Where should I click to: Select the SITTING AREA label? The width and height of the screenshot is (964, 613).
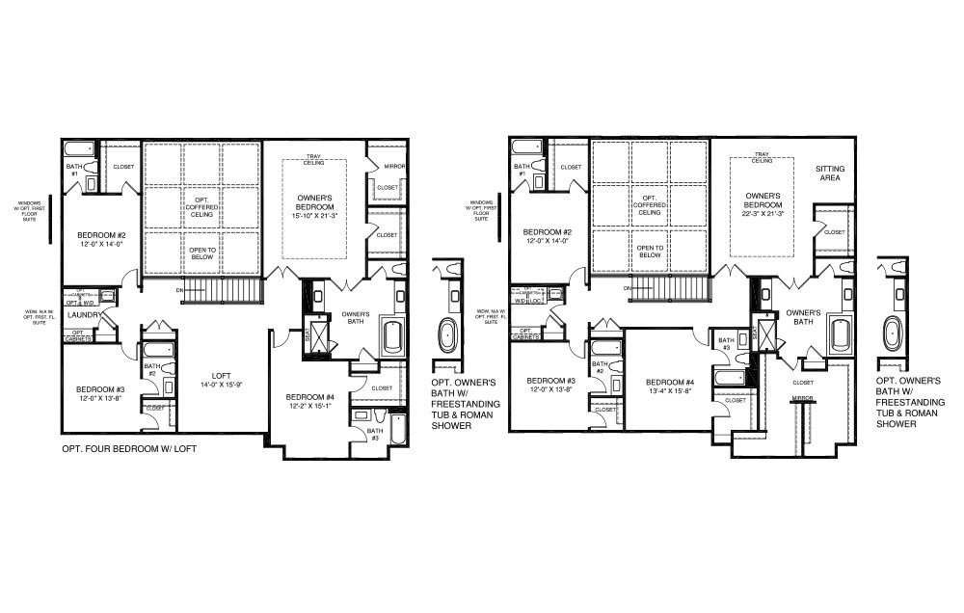point(829,173)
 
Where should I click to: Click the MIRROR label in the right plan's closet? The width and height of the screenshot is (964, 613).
point(803,398)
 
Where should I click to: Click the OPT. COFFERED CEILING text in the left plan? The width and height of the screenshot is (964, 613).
point(201,204)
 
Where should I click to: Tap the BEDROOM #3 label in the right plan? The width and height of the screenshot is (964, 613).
point(550,381)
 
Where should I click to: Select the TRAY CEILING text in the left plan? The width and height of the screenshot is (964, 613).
point(313,160)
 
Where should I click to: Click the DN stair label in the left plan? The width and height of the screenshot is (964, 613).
point(179,288)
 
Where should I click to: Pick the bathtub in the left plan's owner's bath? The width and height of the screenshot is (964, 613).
point(393,337)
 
